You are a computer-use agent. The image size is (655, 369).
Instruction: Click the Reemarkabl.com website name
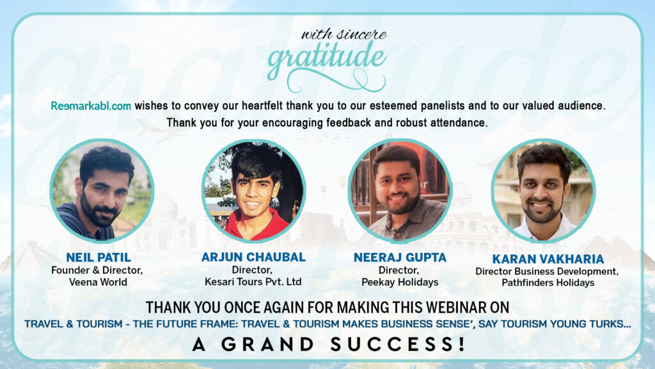coord(91,106)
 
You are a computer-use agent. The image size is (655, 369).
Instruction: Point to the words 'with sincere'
coord(343,34)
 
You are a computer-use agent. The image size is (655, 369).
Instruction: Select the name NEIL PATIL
coord(99,258)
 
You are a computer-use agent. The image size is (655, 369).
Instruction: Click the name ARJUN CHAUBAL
coord(253,257)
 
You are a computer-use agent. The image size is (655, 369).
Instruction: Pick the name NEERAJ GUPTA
coord(400,258)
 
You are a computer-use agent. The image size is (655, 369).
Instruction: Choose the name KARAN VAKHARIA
coord(548,259)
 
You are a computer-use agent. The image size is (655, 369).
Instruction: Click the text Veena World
coord(98,282)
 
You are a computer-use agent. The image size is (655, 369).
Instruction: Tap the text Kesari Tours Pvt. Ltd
coord(253,282)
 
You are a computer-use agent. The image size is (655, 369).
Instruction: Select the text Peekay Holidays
coord(400,283)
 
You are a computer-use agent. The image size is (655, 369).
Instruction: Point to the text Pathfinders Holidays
coord(548,283)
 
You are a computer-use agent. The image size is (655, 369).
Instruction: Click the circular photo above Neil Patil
coord(102,191)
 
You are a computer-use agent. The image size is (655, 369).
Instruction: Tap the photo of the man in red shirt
coord(253,191)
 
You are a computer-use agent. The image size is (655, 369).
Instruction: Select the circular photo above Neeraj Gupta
coord(400,191)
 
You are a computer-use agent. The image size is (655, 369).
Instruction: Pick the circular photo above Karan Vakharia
coord(544,191)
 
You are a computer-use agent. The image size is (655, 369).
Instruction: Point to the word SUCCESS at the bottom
coord(397,344)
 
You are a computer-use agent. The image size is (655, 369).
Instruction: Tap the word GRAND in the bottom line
coord(267,344)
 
